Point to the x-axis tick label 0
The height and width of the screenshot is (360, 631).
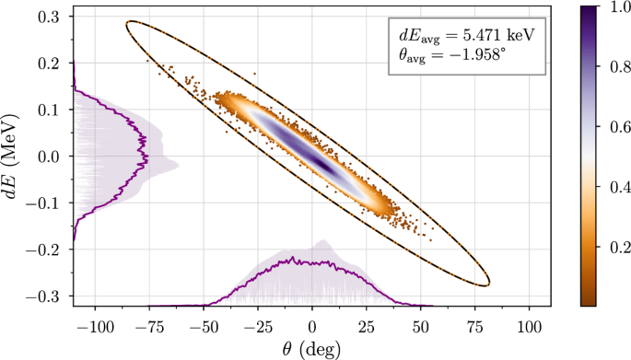tap(312, 327)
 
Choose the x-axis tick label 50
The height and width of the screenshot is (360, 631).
tap(421, 327)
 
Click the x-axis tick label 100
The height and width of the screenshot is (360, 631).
tap(529, 327)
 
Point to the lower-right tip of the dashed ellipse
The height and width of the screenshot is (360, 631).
tap(489, 285)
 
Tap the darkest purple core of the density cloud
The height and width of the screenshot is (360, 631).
tap(318, 162)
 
